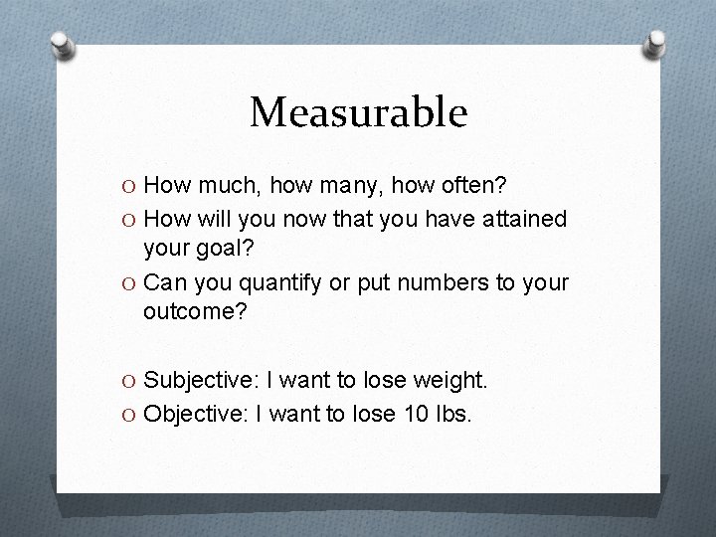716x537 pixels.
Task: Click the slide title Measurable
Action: [x=358, y=112]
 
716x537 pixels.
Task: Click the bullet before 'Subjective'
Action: [x=129, y=380]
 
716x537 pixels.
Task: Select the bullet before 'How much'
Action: [x=129, y=186]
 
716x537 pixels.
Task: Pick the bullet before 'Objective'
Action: [x=129, y=413]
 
